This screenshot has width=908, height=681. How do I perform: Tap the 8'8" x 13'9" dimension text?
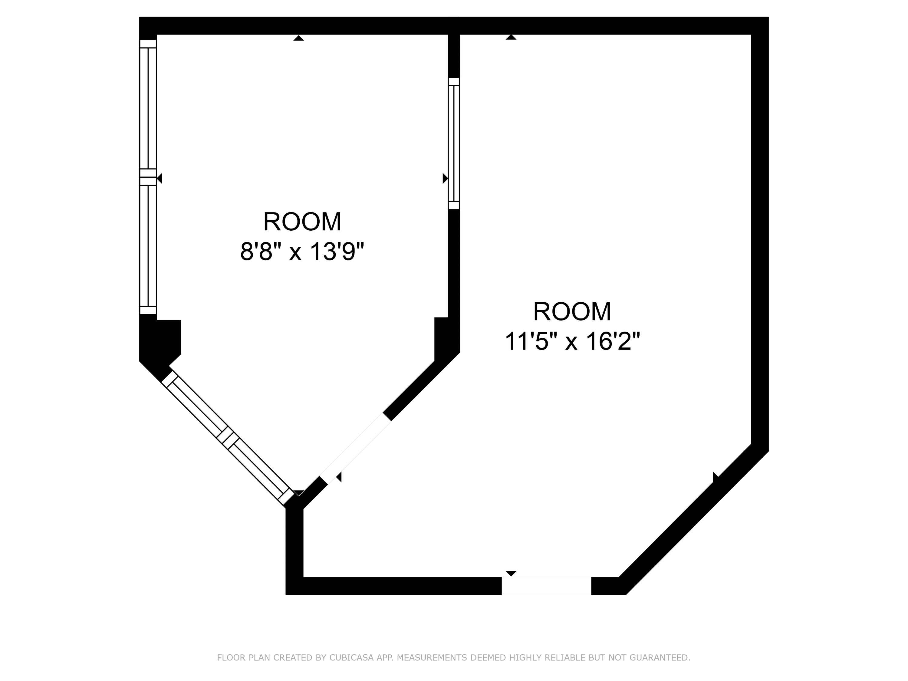302,251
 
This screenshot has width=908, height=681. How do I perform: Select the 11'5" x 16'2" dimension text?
572,341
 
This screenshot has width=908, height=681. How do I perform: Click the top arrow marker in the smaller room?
298,38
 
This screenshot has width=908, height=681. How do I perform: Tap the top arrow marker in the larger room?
511,37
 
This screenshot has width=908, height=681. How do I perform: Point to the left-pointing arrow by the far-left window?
160,178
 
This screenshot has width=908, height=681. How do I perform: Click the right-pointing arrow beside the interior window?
445,178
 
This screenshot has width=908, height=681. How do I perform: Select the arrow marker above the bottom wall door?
511,573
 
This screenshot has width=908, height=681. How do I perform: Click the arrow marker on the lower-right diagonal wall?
715,477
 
